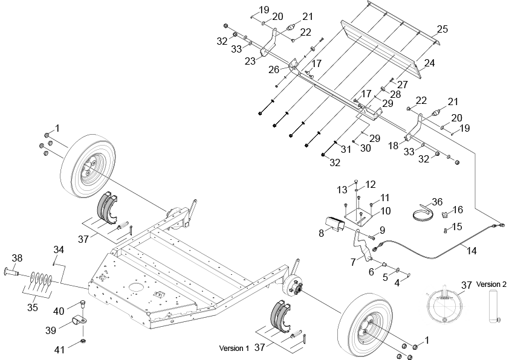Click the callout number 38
[x=17, y=258]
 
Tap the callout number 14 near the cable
[x=472, y=251]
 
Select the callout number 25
[x=442, y=29]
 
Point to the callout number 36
[x=437, y=202]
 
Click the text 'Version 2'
[x=491, y=284]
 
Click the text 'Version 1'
[x=234, y=349]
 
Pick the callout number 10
[x=386, y=211]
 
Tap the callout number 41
[x=59, y=350]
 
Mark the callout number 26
[x=274, y=69]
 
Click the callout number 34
[x=59, y=249]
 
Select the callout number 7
[x=353, y=262]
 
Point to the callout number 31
[x=346, y=149]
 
